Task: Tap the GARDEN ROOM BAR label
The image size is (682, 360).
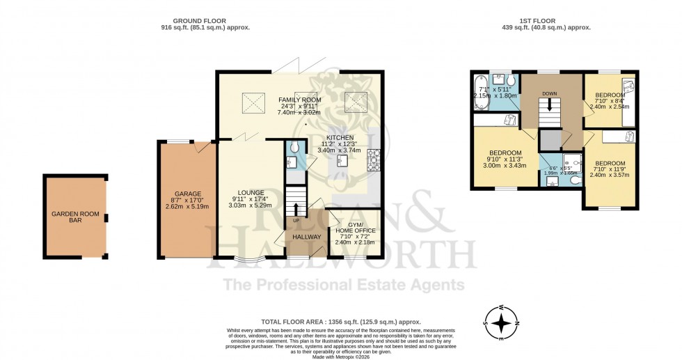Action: [x=74, y=214]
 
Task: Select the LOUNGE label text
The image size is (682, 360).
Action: [x=250, y=192]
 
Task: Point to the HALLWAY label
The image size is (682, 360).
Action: [x=306, y=237]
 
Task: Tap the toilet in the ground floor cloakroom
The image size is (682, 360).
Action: [x=294, y=147]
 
